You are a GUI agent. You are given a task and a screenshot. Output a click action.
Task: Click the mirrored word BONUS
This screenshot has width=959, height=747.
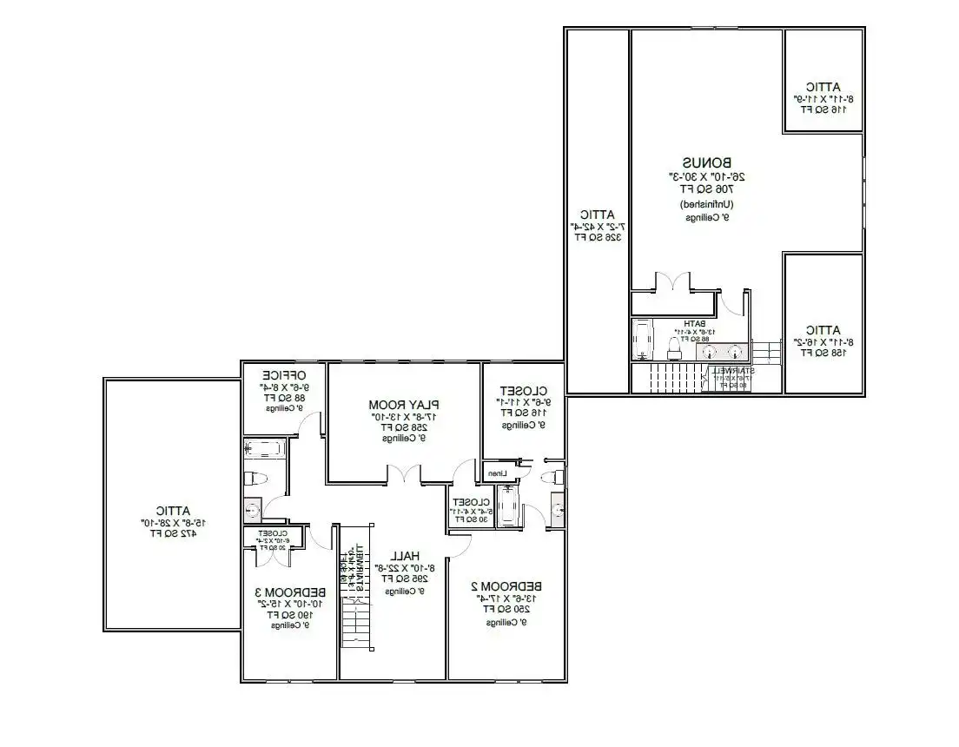[706, 162]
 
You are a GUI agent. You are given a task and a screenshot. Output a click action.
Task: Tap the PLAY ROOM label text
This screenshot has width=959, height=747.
[404, 405]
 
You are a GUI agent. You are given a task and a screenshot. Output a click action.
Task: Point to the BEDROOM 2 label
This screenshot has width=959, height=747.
[507, 585]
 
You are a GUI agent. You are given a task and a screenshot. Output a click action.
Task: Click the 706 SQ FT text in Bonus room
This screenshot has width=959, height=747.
[706, 188]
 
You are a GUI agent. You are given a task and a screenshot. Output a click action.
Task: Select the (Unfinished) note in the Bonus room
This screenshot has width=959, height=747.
[706, 204]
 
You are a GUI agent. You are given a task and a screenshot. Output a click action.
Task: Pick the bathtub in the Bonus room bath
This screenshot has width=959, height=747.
[642, 340]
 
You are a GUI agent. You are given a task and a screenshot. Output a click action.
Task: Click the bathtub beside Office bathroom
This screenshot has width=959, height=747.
[263, 449]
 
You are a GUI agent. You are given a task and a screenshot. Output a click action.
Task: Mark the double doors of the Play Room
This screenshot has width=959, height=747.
[404, 474]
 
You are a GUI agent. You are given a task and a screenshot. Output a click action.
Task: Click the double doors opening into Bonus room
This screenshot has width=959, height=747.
[673, 281]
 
